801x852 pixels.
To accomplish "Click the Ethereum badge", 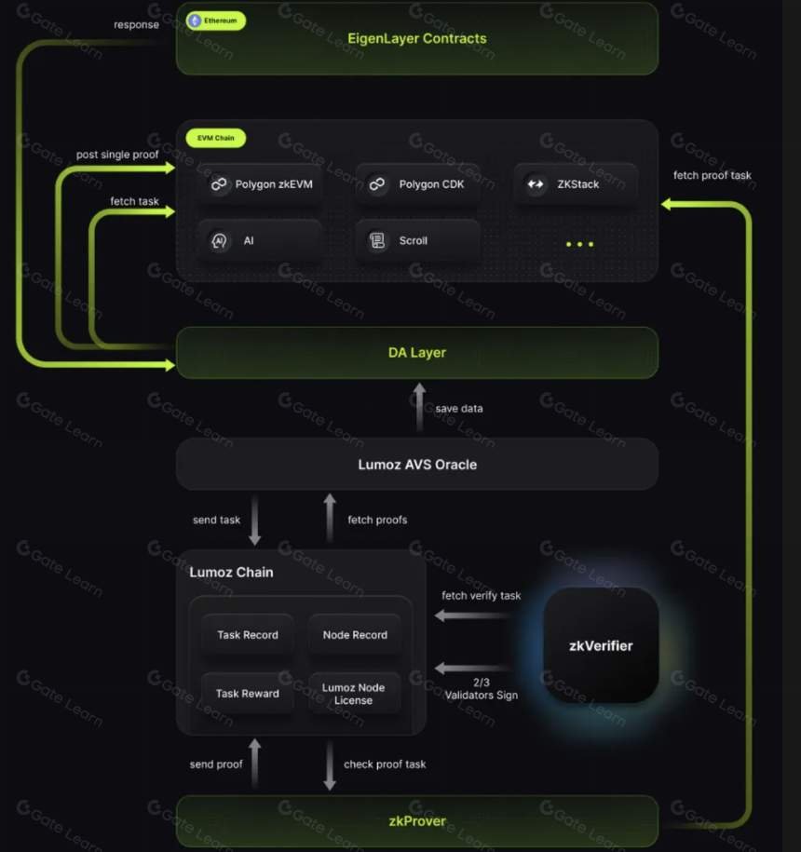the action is coord(216,20).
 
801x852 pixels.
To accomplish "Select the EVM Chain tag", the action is coord(216,138).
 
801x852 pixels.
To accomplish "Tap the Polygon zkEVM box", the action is coord(260,184).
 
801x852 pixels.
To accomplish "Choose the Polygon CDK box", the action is coord(418,184).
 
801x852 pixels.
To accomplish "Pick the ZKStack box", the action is coord(576,184).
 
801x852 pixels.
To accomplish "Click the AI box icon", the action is coord(219,241).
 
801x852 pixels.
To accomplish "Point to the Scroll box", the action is coord(418,241).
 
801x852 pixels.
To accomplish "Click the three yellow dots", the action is coord(580,245).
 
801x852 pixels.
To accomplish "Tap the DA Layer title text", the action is coord(417,353).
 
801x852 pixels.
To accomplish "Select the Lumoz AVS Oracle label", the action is coord(417,465).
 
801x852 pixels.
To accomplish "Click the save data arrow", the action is coord(419,408).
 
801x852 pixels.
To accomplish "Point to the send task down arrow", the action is coord(255,520).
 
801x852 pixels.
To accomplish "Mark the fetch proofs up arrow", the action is coord(330,518).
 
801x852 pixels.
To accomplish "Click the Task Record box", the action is coord(248,635).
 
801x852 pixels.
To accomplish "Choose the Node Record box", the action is coord(356,635).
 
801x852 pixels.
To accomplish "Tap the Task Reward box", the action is coord(248,694).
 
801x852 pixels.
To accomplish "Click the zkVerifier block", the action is coord(601,645).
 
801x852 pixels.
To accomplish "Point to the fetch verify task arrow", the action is coord(474,615).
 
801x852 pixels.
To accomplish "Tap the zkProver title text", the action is coord(417,821).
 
